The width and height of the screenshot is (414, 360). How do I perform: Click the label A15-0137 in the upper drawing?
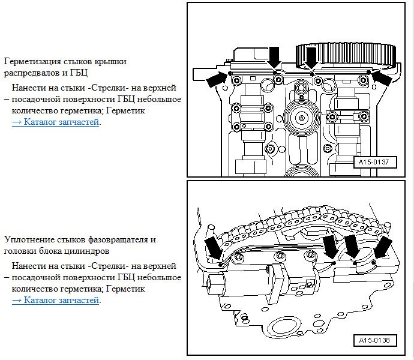click(x=374, y=161)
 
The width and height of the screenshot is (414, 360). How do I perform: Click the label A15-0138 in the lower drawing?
click(x=374, y=340)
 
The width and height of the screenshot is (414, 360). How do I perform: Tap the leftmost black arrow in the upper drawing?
click(x=217, y=79)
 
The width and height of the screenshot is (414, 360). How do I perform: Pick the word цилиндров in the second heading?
click(x=88, y=251)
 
